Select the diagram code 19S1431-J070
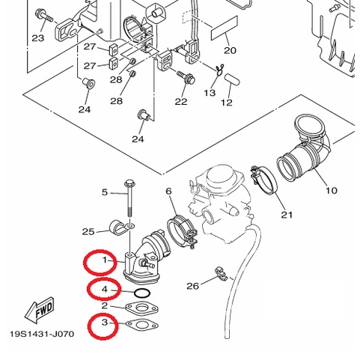click(42, 334)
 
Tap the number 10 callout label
click(332, 191)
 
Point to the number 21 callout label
click(287, 215)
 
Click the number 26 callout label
click(193, 286)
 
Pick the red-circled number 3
click(105, 323)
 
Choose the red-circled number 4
click(105, 290)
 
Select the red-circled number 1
click(105, 260)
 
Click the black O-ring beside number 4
click(142, 293)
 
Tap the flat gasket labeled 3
click(142, 325)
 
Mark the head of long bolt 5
click(129, 184)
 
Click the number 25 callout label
click(88, 232)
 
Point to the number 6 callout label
click(169, 191)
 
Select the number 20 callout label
click(230, 50)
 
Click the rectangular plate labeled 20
click(225, 28)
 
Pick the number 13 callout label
click(210, 93)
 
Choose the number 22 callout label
click(181, 102)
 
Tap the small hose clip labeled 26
click(221, 273)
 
